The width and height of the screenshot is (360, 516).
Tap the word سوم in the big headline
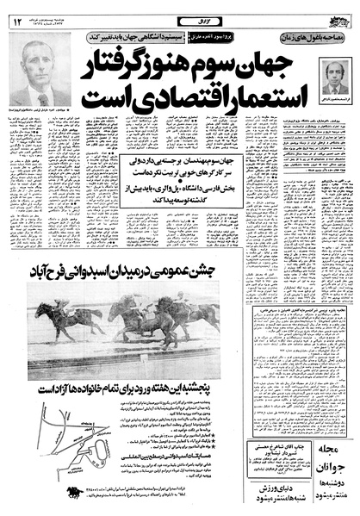click(221, 62)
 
